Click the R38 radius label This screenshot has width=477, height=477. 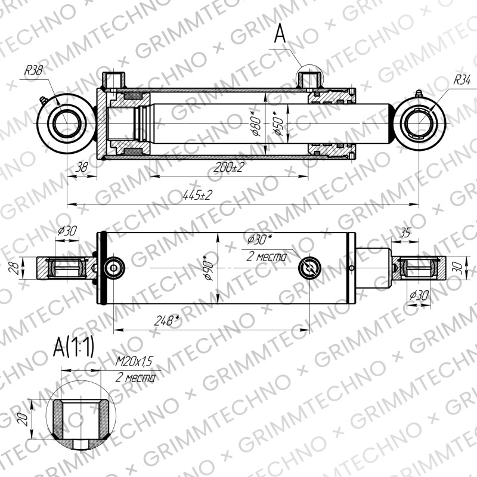33,70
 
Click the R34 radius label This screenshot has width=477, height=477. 461,80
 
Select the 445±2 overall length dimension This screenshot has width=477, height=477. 197,195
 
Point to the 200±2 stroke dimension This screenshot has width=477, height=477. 229,167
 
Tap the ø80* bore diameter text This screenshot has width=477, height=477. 256,123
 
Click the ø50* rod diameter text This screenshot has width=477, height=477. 278,123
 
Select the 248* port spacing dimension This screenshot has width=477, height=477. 167,320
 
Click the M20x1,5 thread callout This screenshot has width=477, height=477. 134,361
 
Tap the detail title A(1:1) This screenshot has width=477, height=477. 73,347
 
